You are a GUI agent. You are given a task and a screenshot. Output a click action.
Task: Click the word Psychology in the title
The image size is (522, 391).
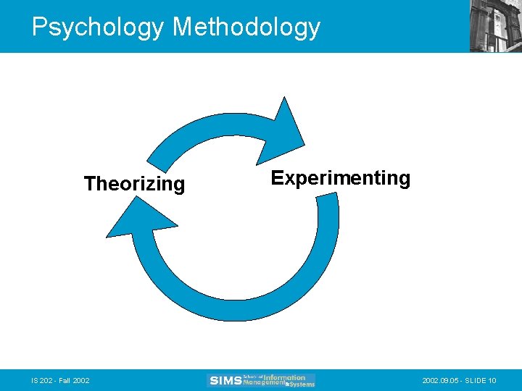click(99, 27)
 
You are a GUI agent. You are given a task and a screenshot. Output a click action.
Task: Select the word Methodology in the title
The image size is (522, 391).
click(246, 27)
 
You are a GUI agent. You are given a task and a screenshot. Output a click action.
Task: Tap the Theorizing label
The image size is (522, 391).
click(134, 184)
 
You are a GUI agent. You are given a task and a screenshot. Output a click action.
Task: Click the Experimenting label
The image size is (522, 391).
click(340, 178)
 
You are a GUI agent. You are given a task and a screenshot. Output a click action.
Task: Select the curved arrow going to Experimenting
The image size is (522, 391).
click(210, 130)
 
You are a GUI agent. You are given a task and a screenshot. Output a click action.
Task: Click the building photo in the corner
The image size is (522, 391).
click(496, 26)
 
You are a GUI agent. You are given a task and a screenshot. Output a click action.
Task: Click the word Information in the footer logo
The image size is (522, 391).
click(285, 377)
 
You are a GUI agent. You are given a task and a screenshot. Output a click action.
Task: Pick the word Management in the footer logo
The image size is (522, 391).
click(262, 383)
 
